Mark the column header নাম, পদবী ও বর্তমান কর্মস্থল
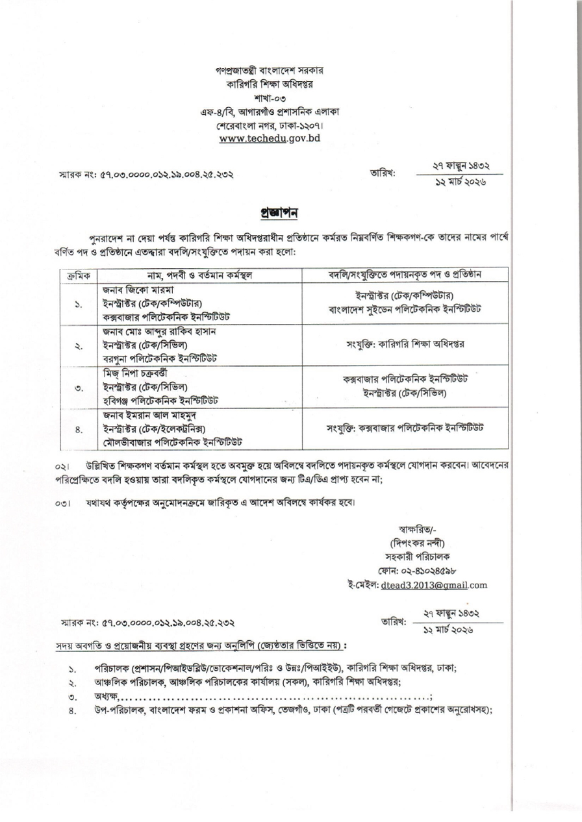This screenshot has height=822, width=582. click(x=179, y=277)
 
